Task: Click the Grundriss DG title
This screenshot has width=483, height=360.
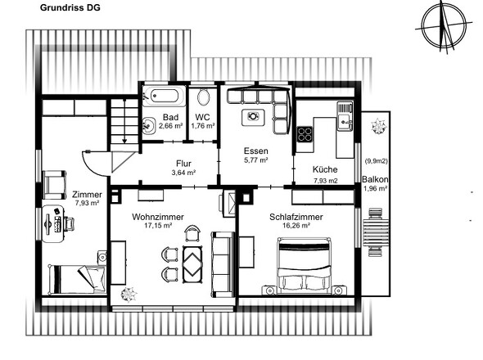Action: pyautogui.click(x=70, y=7)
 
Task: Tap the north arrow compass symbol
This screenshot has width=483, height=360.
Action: pyautogui.click(x=443, y=26)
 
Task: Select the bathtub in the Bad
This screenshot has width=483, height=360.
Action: pyautogui.click(x=164, y=96)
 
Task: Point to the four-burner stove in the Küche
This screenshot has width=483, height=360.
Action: pyautogui.click(x=305, y=134)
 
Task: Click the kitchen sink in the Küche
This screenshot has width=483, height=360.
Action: pyautogui.click(x=345, y=116)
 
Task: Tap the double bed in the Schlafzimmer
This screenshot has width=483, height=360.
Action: pyautogui.click(x=304, y=265)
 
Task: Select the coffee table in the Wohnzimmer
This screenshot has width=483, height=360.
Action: pyautogui.click(x=193, y=264)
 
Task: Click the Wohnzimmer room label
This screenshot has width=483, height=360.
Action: pyautogui.click(x=158, y=217)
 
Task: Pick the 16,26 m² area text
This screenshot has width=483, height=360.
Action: pyautogui.click(x=296, y=226)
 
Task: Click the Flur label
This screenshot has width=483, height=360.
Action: pyautogui.click(x=183, y=164)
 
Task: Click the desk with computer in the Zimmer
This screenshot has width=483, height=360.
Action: pyautogui.click(x=53, y=223)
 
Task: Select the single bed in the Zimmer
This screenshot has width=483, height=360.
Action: pyautogui.click(x=76, y=279)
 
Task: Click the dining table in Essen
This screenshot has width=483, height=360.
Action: pyautogui.click(x=253, y=117)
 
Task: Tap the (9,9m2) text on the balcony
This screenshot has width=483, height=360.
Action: pyautogui.click(x=376, y=160)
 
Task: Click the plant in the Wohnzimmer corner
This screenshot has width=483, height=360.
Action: pyautogui.click(x=129, y=294)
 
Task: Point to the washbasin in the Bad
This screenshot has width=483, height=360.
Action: pyautogui.click(x=149, y=126)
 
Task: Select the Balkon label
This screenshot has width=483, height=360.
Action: pyautogui.click(x=375, y=179)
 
